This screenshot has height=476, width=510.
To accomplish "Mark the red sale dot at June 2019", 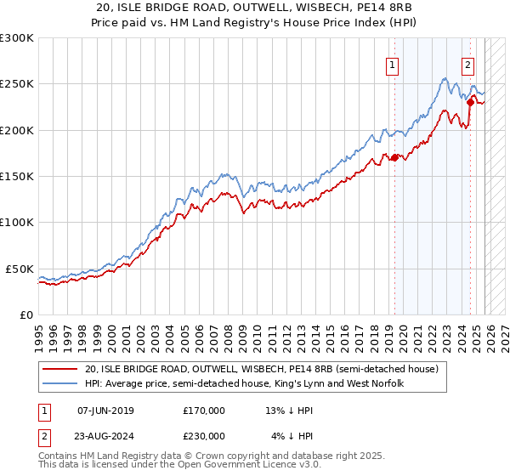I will tap(394, 157).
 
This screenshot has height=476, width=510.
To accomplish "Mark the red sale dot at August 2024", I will tap(469, 102).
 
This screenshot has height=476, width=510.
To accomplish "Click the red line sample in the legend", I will tap(61, 370).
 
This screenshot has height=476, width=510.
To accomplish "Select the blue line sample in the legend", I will tap(61, 384).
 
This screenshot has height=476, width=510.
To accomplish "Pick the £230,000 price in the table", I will tap(204, 435).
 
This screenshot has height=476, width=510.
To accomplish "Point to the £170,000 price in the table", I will tap(204, 411).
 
